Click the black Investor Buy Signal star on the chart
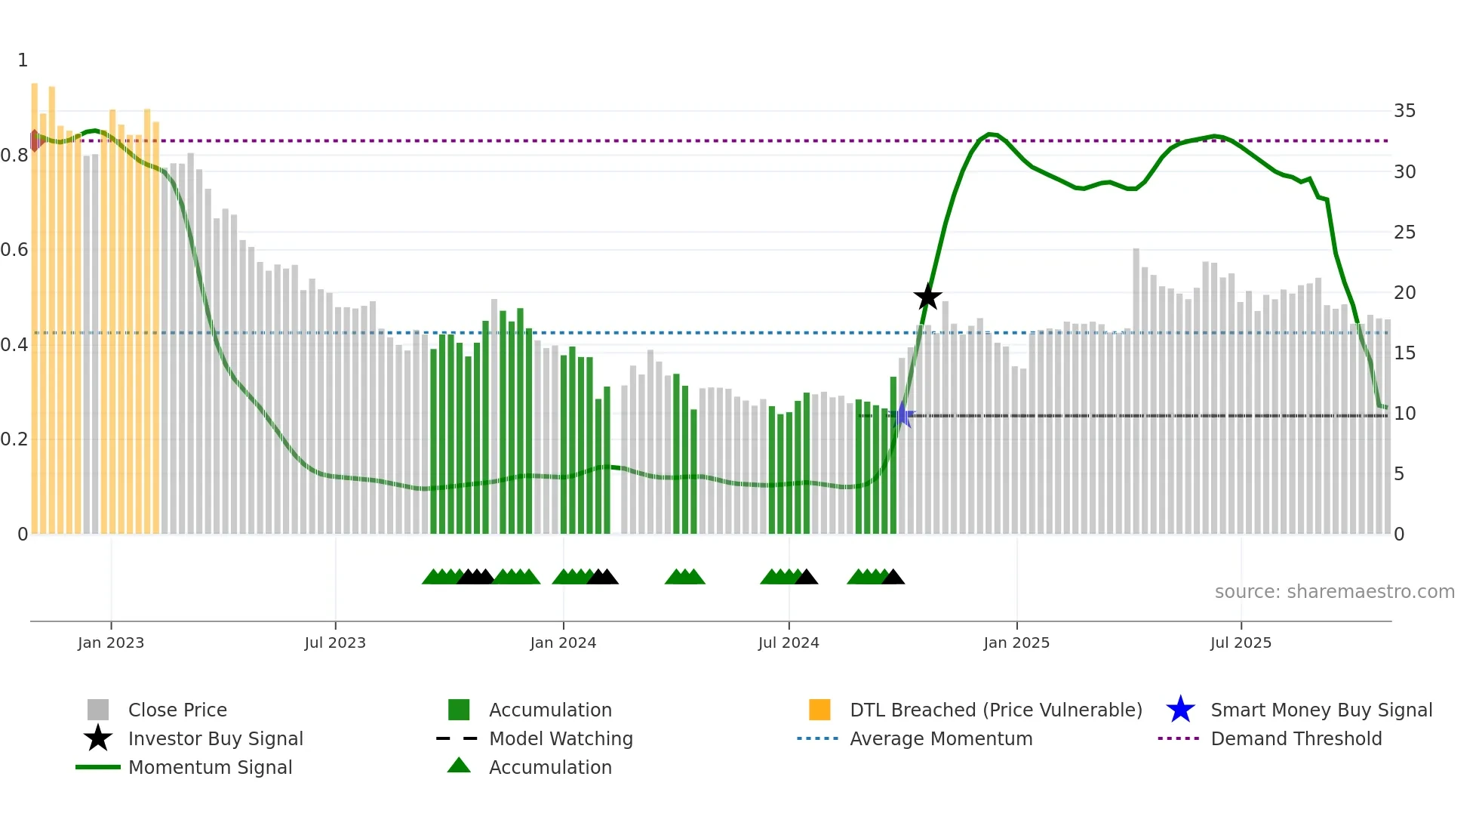click(x=927, y=297)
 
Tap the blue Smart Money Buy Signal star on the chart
click(x=903, y=414)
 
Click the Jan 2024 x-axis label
click(x=563, y=642)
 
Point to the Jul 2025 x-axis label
click(x=1241, y=642)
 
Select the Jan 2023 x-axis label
click(x=111, y=642)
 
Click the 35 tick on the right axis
click(x=1404, y=111)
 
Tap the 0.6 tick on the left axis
click(x=14, y=250)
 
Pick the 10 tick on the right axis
click(x=1404, y=414)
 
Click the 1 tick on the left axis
click(x=23, y=60)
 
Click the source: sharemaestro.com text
click(x=1334, y=592)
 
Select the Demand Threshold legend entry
click(x=1296, y=738)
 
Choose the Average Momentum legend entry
click(x=940, y=738)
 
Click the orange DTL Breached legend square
click(x=819, y=710)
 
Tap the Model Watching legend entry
click(x=560, y=738)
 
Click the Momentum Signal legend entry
click(x=210, y=767)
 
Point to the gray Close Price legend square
click(x=98, y=710)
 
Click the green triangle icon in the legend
click(x=459, y=766)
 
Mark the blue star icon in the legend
click(x=1180, y=710)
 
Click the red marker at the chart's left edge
click(x=35, y=140)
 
